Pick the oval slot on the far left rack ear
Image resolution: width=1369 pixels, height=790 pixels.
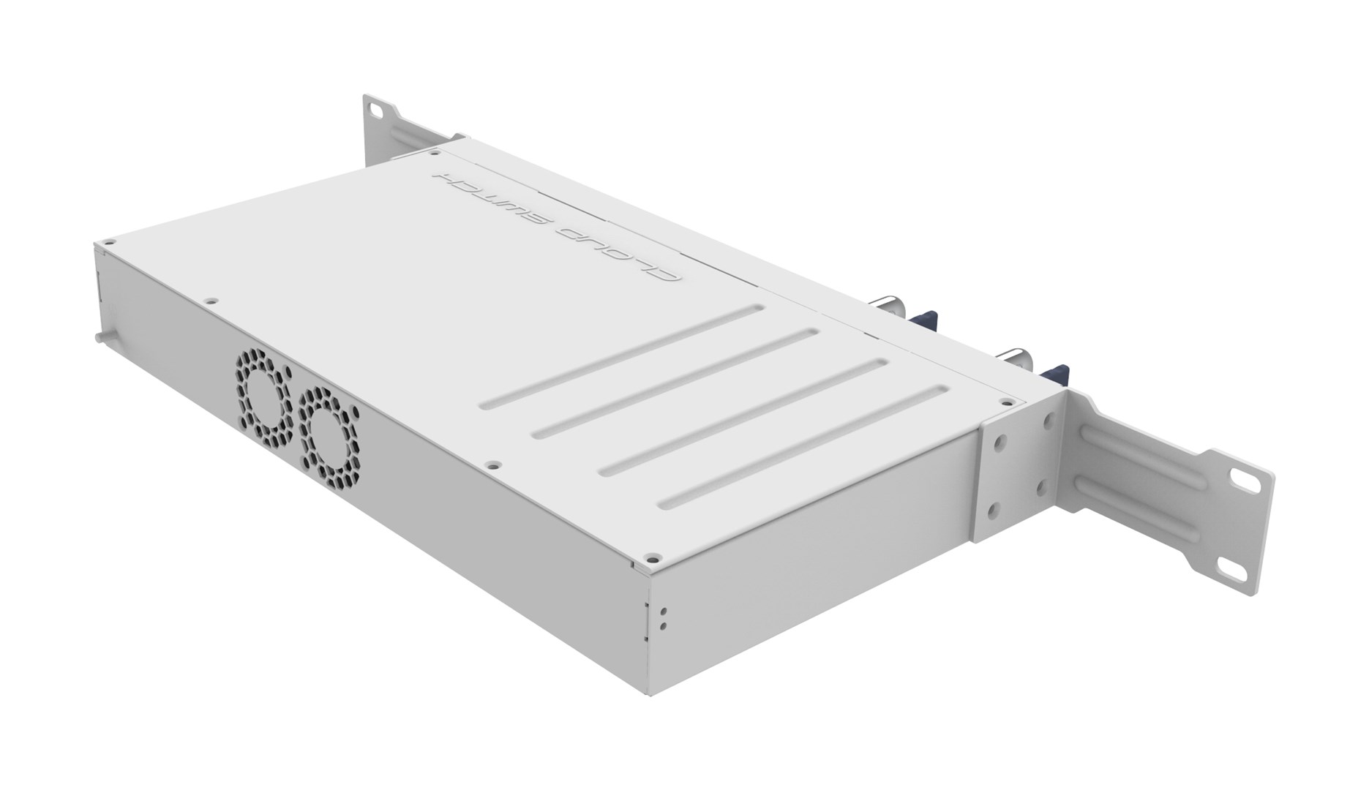point(375,109)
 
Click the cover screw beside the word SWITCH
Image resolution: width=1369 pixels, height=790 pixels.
point(435,154)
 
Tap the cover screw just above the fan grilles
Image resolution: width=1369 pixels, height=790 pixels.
point(210,300)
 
